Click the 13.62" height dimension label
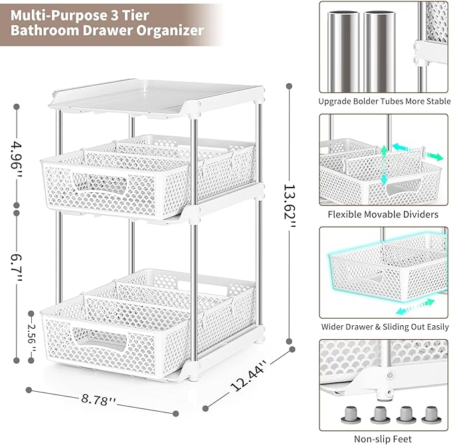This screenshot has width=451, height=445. pyautogui.click(x=290, y=206)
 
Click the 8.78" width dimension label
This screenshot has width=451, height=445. pyautogui.click(x=98, y=399)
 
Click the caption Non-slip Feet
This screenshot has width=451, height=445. pyautogui.click(x=383, y=439)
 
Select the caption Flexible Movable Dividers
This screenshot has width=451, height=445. pyautogui.click(x=383, y=214)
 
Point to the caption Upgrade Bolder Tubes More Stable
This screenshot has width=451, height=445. pyautogui.click(x=385, y=101)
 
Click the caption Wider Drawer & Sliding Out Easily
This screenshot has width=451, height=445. pyautogui.click(x=385, y=327)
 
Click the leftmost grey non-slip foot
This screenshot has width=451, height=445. pyautogui.click(x=350, y=415)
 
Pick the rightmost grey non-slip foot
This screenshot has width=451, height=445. pyautogui.click(x=431, y=415)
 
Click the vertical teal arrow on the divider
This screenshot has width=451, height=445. pyautogui.click(x=384, y=166)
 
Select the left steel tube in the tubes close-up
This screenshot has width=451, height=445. pyautogui.click(x=343, y=52)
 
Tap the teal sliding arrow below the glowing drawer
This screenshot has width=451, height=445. pyautogui.click(x=415, y=307)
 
